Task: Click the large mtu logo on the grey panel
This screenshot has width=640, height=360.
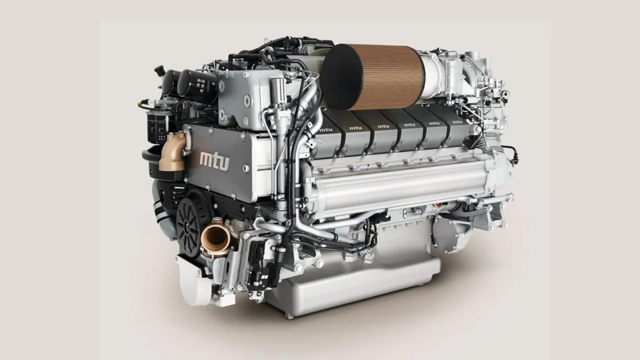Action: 215,161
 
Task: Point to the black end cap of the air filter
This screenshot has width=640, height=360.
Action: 342,77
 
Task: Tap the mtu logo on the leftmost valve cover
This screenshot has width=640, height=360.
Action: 326,130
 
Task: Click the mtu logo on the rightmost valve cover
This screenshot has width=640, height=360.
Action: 457,122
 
